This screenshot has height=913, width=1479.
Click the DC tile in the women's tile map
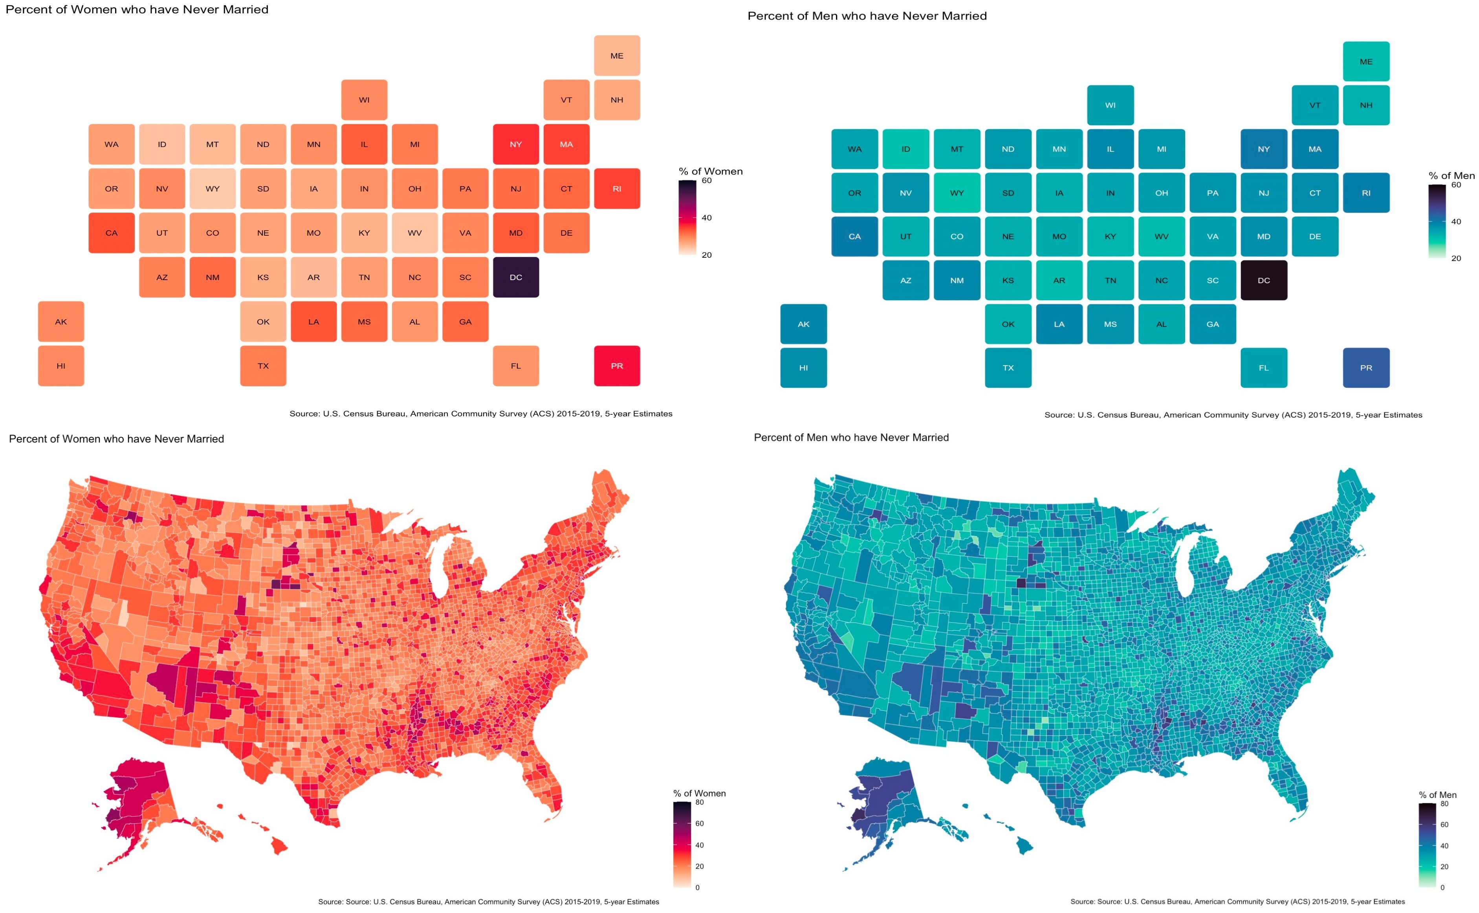coord(515,277)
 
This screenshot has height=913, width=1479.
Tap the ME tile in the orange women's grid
coord(616,55)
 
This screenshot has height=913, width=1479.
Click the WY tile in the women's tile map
coord(213,189)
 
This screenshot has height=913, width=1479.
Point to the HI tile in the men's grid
coord(803,368)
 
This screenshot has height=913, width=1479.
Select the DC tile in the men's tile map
coord(1263,280)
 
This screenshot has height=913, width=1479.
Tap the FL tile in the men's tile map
coord(1263,368)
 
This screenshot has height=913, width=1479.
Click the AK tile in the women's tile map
coord(61,321)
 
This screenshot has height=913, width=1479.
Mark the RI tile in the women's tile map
coord(616,189)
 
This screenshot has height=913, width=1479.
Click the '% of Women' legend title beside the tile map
coord(711,172)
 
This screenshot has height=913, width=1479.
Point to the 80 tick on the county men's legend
coord(1444,804)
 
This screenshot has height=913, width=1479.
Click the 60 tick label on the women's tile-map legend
coord(706,181)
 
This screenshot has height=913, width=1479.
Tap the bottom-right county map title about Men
coord(851,438)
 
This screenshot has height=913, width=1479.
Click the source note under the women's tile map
coord(480,414)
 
